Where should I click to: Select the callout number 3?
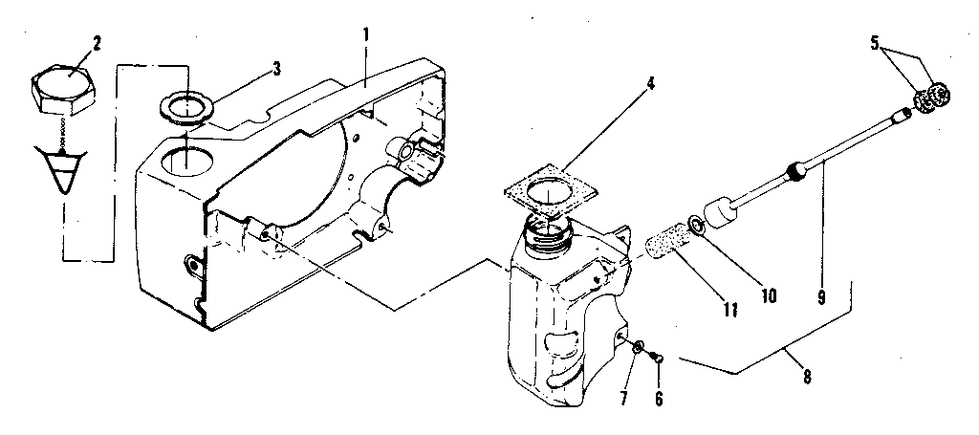click(x=276, y=68)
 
